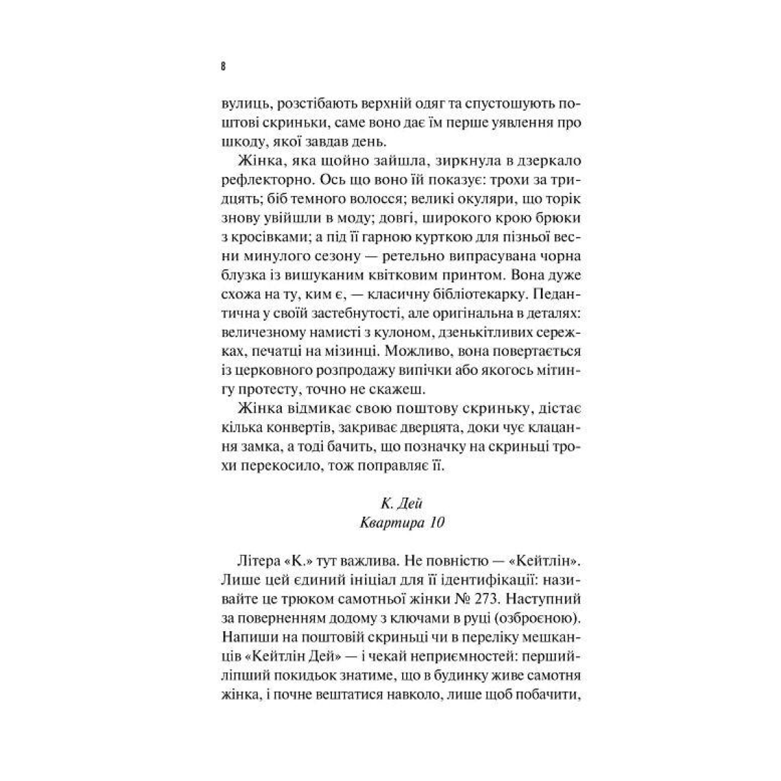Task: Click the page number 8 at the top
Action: [x=223, y=66]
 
